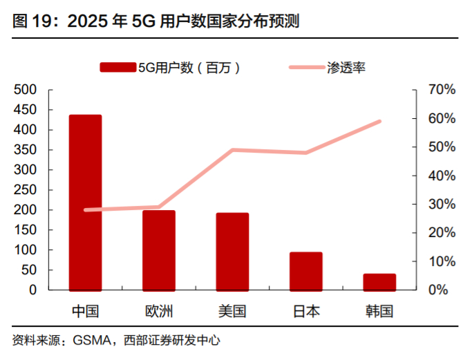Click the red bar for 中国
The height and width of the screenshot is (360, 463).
pyautogui.click(x=86, y=202)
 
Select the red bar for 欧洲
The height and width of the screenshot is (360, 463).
pyautogui.click(x=159, y=250)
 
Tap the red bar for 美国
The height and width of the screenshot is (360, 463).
pyautogui.click(x=232, y=252)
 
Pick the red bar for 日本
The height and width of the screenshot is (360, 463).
pyautogui.click(x=305, y=271)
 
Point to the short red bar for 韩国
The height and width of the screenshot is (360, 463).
pyautogui.click(x=379, y=282)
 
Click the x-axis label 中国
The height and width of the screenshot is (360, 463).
pyautogui.click(x=86, y=311)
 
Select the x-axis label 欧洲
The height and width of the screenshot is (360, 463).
pyautogui.click(x=159, y=311)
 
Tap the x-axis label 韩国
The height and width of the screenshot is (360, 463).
pyautogui.click(x=379, y=311)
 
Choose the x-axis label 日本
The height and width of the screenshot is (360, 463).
pyautogui.click(x=305, y=311)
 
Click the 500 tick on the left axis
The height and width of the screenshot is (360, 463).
pyautogui.click(x=25, y=90)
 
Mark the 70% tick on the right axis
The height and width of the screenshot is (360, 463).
pyautogui.click(x=441, y=90)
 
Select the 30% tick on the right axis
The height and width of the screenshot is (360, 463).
pyautogui.click(x=441, y=205)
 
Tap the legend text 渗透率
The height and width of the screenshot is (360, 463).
pyautogui.click(x=347, y=67)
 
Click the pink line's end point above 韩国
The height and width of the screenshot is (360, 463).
pyautogui.click(x=379, y=122)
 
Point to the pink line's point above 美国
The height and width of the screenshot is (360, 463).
pyautogui.click(x=232, y=150)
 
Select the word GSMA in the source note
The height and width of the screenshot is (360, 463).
pyautogui.click(x=91, y=341)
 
